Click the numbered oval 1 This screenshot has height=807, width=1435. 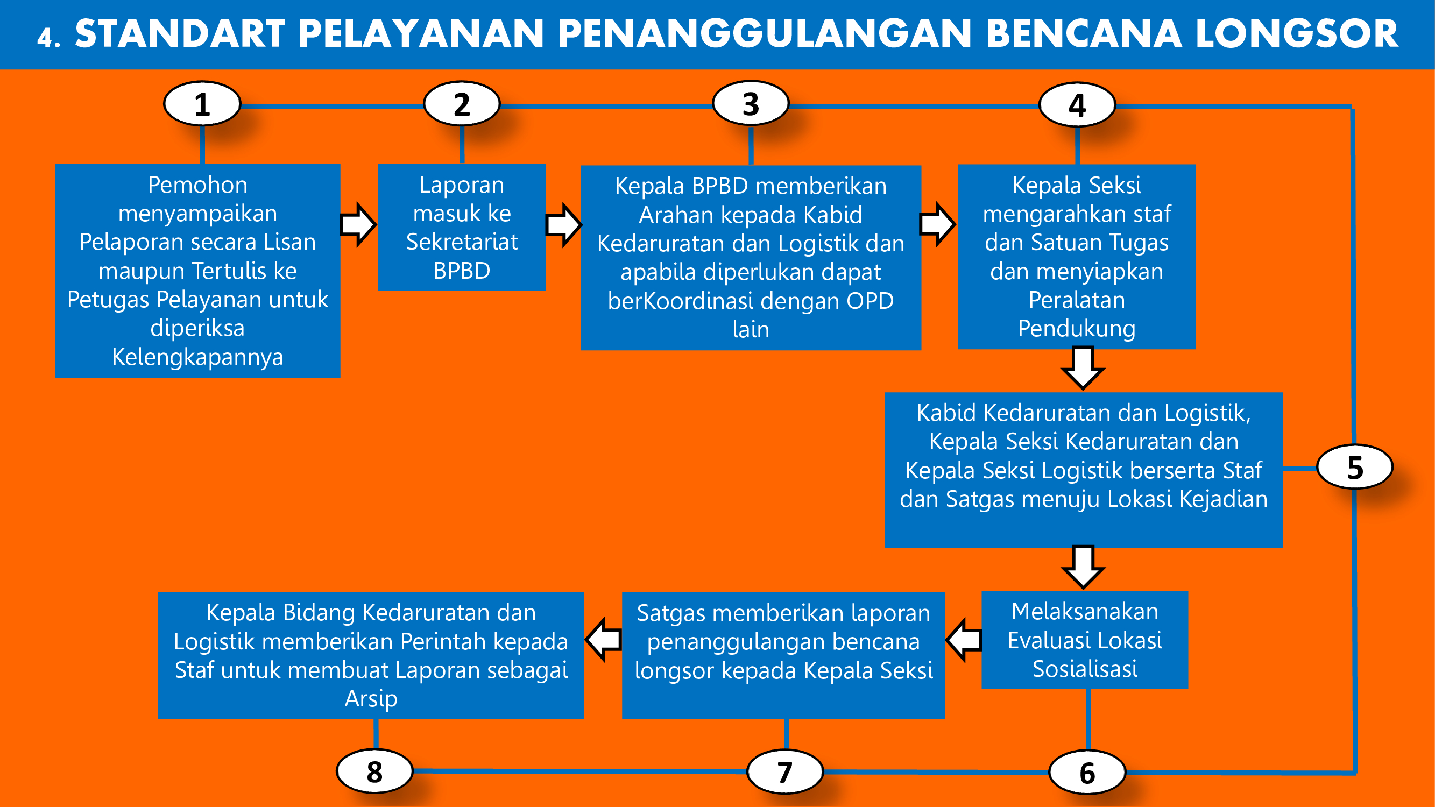[x=202, y=104]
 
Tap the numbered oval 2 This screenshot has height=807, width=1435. [x=462, y=104]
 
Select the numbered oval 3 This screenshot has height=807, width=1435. [x=751, y=104]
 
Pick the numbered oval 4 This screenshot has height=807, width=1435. [x=1077, y=105]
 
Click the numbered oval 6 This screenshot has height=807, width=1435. [x=1087, y=773]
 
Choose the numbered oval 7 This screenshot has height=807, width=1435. [x=785, y=772]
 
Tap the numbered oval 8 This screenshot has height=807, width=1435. [x=374, y=771]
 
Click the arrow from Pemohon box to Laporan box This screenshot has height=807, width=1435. [x=359, y=224]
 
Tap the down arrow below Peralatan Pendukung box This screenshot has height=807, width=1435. [x=1083, y=368]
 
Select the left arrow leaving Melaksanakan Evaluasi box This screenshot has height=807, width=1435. [x=964, y=639]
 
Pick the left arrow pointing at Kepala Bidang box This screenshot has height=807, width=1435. [x=603, y=639]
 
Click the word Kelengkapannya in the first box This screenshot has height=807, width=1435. [x=198, y=357]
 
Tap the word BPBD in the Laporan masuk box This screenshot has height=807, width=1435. [x=462, y=271]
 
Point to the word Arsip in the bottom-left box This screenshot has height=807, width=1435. [x=371, y=699]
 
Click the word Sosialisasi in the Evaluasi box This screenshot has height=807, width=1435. [x=1085, y=669]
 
